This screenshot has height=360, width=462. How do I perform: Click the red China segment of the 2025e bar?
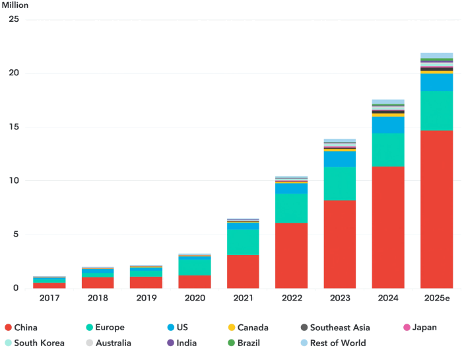436,209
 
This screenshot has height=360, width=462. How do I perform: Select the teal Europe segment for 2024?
388,150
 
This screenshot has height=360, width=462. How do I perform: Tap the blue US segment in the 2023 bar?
339,159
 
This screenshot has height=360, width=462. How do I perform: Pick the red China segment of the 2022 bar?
291,256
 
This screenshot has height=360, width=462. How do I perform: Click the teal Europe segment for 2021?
243,242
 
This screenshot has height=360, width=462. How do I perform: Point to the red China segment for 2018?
98,283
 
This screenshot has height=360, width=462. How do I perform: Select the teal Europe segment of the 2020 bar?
194,267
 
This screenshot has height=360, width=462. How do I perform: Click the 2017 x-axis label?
49,299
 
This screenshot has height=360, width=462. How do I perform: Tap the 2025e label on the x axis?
436,299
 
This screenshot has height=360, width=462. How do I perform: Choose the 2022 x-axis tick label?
291,299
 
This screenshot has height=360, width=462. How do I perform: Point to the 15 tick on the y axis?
13,127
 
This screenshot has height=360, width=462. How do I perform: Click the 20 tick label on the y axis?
13,73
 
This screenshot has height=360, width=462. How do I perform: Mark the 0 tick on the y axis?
15,289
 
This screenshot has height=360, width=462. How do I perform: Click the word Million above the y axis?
15,5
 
